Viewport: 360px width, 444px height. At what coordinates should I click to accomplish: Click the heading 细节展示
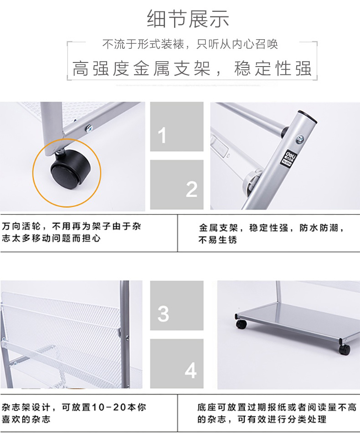pyautogui.click(x=188, y=19)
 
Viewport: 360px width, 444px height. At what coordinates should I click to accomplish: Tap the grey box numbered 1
pyautogui.click(x=177, y=127)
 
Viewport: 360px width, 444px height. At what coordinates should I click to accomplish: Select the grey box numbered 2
pyautogui.click(x=177, y=185)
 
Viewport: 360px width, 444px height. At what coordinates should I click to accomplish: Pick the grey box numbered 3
pyautogui.click(x=177, y=305)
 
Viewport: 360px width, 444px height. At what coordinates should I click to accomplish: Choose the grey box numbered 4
pyautogui.click(x=177, y=364)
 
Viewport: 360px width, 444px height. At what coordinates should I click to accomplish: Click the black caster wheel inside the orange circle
pyautogui.click(x=71, y=171)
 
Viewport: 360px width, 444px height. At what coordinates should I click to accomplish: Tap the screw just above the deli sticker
pyautogui.click(x=300, y=139)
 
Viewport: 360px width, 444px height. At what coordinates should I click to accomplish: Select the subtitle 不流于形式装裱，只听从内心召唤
pyautogui.click(x=190, y=44)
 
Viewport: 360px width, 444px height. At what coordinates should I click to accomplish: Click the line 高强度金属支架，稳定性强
pyautogui.click(x=192, y=68)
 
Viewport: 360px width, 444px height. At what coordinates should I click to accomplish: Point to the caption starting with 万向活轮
pyautogui.click(x=72, y=232)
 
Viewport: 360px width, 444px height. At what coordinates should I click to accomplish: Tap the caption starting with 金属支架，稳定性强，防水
pyautogui.click(x=271, y=233)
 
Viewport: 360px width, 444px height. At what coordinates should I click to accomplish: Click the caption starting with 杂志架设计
pyautogui.click(x=74, y=413)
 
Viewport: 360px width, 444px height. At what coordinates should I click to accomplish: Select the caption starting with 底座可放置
pyautogui.click(x=277, y=413)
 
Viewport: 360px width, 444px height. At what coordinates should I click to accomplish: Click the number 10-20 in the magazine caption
pyautogui.click(x=109, y=408)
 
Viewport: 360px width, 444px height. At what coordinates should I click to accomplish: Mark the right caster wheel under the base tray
pyautogui.click(x=344, y=349)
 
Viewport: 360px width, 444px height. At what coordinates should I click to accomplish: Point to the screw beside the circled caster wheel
pyautogui.click(x=90, y=128)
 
